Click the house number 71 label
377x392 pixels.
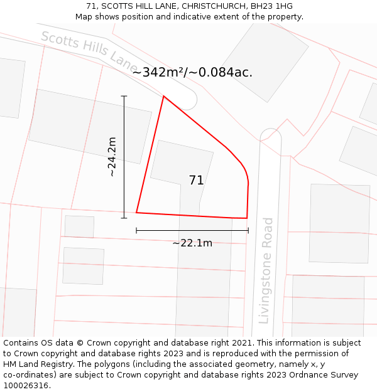[196, 181]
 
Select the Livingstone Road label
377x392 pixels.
[266, 270]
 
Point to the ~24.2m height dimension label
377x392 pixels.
[112, 157]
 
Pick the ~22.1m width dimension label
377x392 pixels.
[192, 243]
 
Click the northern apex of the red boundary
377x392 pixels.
[163, 97]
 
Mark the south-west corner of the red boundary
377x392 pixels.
[136, 213]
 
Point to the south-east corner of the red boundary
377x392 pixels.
[247, 218]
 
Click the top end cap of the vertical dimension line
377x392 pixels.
[124, 96]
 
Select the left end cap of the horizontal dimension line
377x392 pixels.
[136, 230]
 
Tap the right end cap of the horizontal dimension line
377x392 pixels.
[248, 230]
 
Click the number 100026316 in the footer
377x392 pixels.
[25, 386]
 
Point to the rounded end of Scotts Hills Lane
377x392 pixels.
[189, 100]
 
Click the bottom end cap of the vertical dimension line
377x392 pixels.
[124, 218]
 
